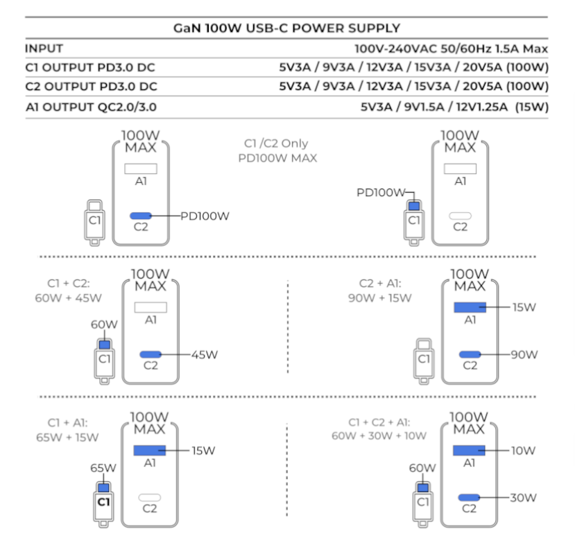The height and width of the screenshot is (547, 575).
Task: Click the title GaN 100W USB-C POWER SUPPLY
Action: point(286,28)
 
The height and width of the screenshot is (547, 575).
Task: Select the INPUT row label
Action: point(44,49)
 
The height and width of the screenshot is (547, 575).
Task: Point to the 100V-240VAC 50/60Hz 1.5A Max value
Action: point(451,49)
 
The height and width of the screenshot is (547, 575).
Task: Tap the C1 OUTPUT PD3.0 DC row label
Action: point(91,68)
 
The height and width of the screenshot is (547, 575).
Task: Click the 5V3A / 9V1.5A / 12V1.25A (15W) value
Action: point(454,107)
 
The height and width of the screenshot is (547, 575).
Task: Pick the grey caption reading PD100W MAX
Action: point(275,158)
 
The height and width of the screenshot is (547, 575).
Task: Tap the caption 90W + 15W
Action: point(379,299)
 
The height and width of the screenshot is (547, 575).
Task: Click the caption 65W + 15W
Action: point(67,437)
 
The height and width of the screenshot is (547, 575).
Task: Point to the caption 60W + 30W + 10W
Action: point(379,435)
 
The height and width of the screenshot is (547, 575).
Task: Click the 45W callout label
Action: point(205,355)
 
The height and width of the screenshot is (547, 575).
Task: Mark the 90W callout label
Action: point(524,355)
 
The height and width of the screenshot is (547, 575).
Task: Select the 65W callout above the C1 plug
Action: point(103,468)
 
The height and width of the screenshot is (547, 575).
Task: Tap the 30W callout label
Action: point(522,497)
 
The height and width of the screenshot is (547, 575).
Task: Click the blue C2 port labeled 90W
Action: point(470,354)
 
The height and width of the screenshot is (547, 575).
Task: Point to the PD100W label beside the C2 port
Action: point(205,216)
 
